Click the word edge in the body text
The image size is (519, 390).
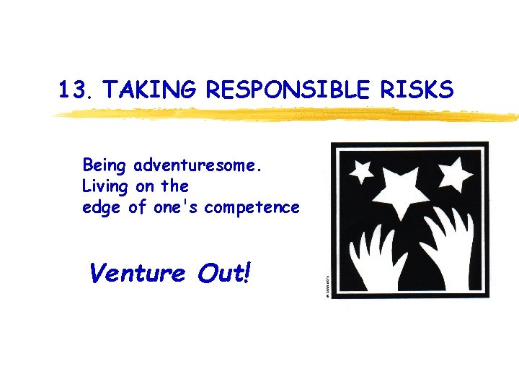click(x=99, y=208)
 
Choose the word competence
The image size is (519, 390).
click(x=252, y=208)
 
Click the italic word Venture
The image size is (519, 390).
click(x=136, y=274)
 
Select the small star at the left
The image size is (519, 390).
click(x=360, y=172)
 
